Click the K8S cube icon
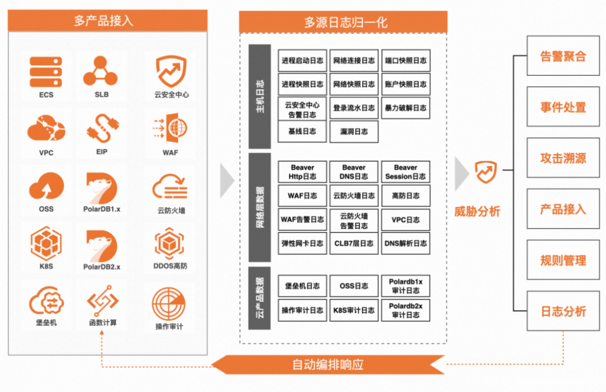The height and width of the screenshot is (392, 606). coord(46,244)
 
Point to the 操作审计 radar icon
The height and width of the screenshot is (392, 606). coord(169,303)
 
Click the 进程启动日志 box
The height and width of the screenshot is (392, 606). coord(302,61)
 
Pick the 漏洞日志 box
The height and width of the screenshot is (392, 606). coord(354,131)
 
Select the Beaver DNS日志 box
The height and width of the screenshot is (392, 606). coord(354,172)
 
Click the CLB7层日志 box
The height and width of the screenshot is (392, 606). coord(354,243)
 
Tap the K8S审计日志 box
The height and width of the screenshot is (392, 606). coord(354,310)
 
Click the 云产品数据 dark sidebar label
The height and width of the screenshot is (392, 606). coord(260,298)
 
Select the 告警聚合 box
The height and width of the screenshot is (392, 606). coord(563,56)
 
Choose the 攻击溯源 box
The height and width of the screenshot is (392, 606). coord(563,158)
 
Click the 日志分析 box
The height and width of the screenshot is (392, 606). coord(563,311)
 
